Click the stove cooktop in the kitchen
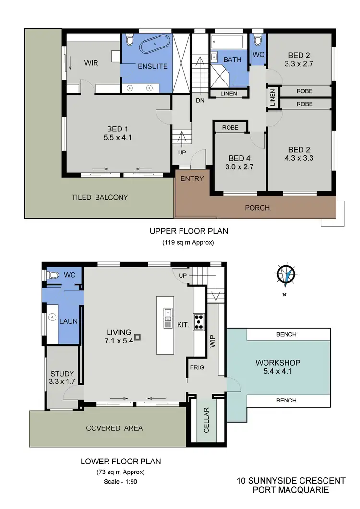[x=199, y=320]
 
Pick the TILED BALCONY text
[x=99, y=197]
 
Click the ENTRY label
[x=192, y=178]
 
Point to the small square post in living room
[x=138, y=337]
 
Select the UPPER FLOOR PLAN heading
[x=189, y=231]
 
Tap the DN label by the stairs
[x=200, y=100]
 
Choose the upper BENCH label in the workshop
[x=287, y=334]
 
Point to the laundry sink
[x=52, y=317]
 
